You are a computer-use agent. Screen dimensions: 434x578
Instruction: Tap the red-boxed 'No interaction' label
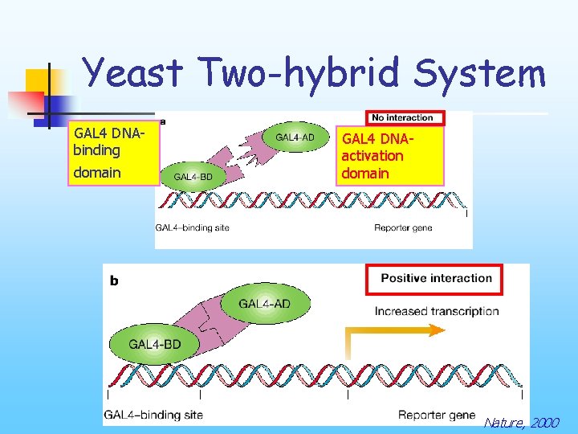click(x=402, y=117)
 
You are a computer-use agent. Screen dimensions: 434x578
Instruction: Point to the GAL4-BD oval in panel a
click(x=193, y=177)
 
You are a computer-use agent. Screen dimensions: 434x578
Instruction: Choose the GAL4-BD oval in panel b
click(x=155, y=344)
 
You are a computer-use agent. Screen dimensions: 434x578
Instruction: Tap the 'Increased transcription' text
click(x=436, y=311)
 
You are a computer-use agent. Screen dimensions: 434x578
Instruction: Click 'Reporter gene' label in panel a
click(x=403, y=228)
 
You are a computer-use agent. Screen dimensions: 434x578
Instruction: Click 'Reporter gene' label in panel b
click(x=437, y=415)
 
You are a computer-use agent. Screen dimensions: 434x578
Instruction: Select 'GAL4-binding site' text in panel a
click(x=193, y=228)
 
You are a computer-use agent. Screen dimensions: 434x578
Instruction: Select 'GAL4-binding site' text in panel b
click(x=153, y=415)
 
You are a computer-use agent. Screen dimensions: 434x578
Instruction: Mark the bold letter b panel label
click(x=114, y=280)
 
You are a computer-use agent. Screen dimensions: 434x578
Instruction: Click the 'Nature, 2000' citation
click(x=521, y=422)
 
